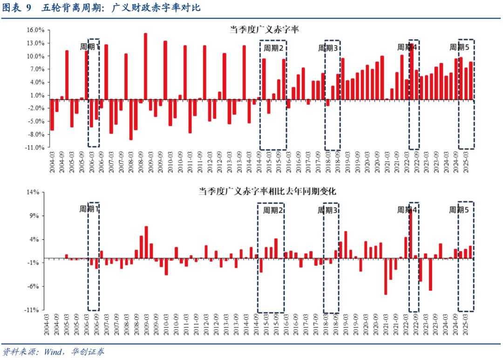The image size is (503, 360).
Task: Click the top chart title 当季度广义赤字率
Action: pyautogui.click(x=264, y=29)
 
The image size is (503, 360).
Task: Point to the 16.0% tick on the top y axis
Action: pyautogui.click(x=35, y=30)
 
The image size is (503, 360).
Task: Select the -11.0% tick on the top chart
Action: pyautogui.click(x=35, y=148)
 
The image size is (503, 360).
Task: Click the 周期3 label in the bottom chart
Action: pyautogui.click(x=327, y=210)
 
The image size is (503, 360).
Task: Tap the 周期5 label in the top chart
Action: pyautogui.click(x=459, y=47)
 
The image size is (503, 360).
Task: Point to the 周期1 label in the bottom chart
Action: pyautogui.click(x=89, y=210)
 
